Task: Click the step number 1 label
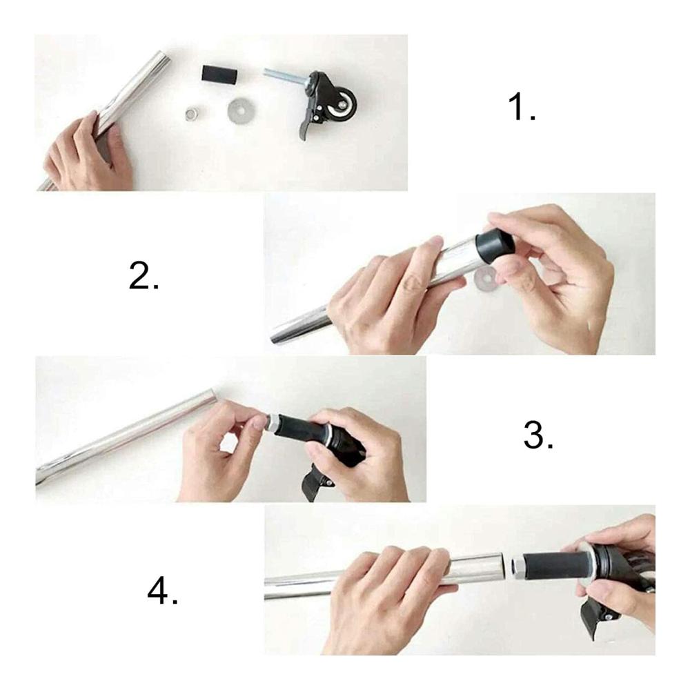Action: pos(522,107)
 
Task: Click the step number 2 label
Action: pos(144,275)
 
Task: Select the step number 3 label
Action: pos(538,435)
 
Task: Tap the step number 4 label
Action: pos(162,591)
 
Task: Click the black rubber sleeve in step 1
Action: pos(219,74)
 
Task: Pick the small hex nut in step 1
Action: pos(191,114)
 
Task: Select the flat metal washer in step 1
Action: pos(240,110)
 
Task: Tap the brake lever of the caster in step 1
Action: pos(306,126)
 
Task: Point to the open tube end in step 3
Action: pos(213,394)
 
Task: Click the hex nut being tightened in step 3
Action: pos(271,424)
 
